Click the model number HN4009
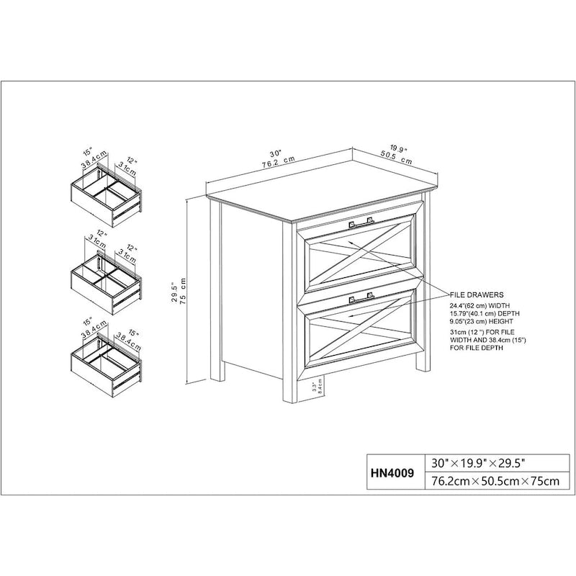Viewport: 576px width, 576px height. (391, 473)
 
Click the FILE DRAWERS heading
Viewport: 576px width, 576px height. (476, 295)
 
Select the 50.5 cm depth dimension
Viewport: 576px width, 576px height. (396, 158)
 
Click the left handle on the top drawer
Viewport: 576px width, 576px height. (353, 223)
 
